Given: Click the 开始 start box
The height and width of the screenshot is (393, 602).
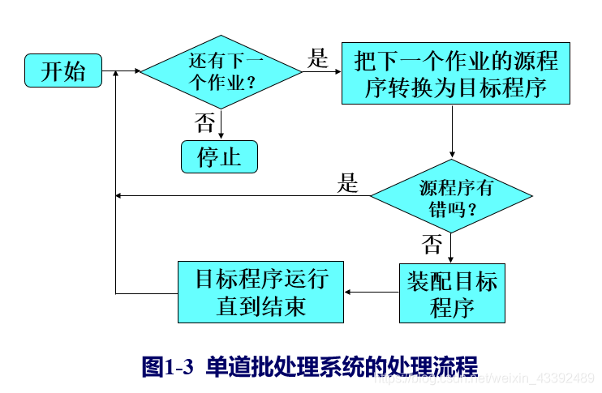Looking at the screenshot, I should [x=63, y=71].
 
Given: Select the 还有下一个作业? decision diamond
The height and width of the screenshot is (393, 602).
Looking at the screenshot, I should [x=221, y=71].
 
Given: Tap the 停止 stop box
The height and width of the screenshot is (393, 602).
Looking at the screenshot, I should [x=219, y=156].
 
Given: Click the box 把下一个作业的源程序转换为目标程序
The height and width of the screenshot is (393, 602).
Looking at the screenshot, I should [x=455, y=73].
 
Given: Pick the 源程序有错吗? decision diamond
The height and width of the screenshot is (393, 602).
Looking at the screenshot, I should [x=452, y=196].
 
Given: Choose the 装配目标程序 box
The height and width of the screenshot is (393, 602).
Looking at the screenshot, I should [x=452, y=293].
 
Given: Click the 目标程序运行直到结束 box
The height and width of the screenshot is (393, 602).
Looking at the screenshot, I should [x=260, y=293].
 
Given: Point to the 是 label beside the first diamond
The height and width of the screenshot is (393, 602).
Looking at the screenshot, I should [x=319, y=58].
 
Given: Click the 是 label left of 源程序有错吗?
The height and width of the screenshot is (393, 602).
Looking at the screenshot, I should [x=348, y=183].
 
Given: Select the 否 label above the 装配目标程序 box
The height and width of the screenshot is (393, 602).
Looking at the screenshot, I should [x=433, y=244].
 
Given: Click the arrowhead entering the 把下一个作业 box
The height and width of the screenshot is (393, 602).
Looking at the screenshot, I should [x=336, y=72].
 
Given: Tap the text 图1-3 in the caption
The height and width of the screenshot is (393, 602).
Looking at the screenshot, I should [x=167, y=366].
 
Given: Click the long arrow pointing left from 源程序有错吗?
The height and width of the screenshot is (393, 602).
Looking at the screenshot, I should [x=243, y=195].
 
